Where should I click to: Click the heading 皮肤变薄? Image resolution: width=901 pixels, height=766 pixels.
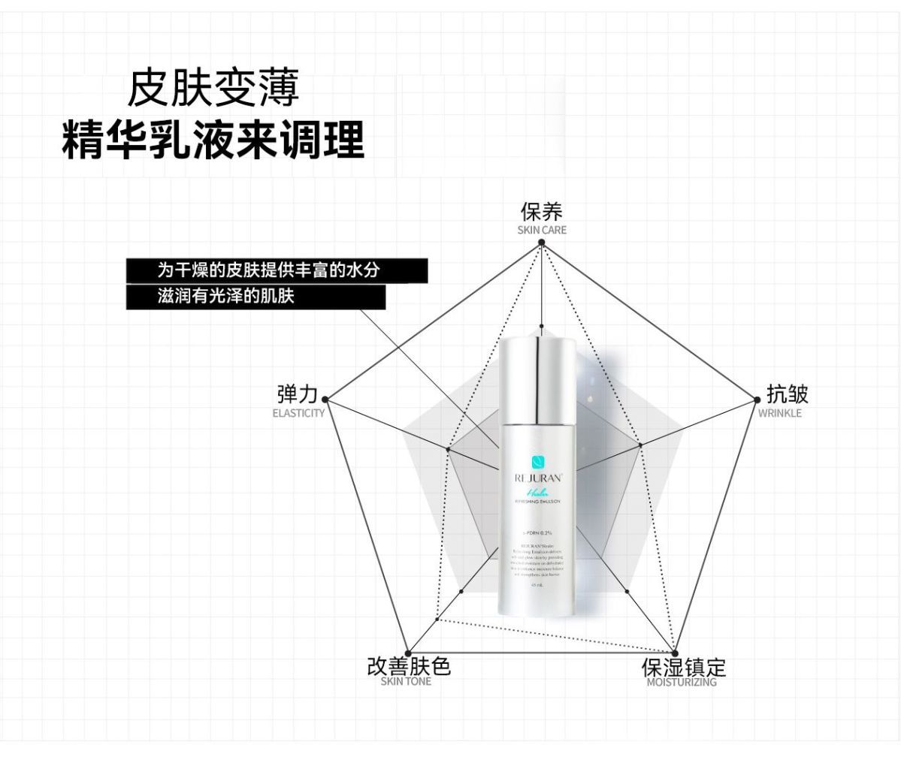[213, 89]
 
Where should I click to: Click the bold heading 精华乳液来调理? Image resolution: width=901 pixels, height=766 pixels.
[213, 139]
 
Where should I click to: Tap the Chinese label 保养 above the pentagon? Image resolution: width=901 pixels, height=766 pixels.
[541, 211]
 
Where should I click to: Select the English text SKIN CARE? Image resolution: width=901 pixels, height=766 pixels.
[541, 230]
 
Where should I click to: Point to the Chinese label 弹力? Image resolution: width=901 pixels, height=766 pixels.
[297, 394]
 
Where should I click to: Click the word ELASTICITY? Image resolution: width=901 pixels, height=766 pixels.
[298, 413]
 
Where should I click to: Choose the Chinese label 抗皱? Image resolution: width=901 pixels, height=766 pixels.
[787, 394]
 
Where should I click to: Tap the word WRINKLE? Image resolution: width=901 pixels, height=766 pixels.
[779, 413]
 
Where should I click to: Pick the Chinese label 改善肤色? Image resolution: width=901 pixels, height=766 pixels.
[408, 665]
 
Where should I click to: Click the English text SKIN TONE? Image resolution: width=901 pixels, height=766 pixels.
[406, 682]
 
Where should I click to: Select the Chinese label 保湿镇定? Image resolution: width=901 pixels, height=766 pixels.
[683, 667]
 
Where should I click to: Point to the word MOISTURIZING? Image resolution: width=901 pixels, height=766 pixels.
[682, 683]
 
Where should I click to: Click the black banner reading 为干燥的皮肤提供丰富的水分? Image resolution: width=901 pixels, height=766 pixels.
[277, 270]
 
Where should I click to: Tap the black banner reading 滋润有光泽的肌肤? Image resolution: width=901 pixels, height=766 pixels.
[255, 297]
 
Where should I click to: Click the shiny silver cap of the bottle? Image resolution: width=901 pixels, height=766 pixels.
[538, 378]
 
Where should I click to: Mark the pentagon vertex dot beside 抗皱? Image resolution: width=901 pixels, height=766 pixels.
[757, 400]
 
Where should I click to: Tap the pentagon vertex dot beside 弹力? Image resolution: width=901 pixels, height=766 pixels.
[325, 399]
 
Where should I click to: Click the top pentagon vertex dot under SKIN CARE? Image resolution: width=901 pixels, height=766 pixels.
[541, 242]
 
